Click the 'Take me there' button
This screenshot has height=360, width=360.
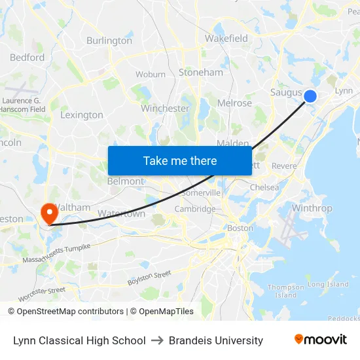[x=180, y=160]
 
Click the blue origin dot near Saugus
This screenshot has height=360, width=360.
[x=310, y=96]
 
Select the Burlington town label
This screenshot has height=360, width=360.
[x=109, y=41]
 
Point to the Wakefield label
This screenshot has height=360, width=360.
[x=226, y=39]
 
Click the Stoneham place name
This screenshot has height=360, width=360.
[x=201, y=73]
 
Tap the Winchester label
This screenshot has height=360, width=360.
[x=165, y=109]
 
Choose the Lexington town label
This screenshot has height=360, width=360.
[x=82, y=115]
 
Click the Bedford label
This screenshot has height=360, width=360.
[x=27, y=58]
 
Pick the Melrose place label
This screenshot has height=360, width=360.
[x=234, y=103]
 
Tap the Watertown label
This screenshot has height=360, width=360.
[x=121, y=214]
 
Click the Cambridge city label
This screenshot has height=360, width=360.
[x=194, y=209]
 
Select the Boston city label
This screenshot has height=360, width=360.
[x=240, y=228]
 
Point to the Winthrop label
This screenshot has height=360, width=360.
[x=312, y=209]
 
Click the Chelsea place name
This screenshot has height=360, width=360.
[x=264, y=188]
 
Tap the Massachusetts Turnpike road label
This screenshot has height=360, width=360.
[x=56, y=253]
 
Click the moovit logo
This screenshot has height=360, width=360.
[x=321, y=340]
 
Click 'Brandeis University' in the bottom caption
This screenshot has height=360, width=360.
[x=216, y=340]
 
